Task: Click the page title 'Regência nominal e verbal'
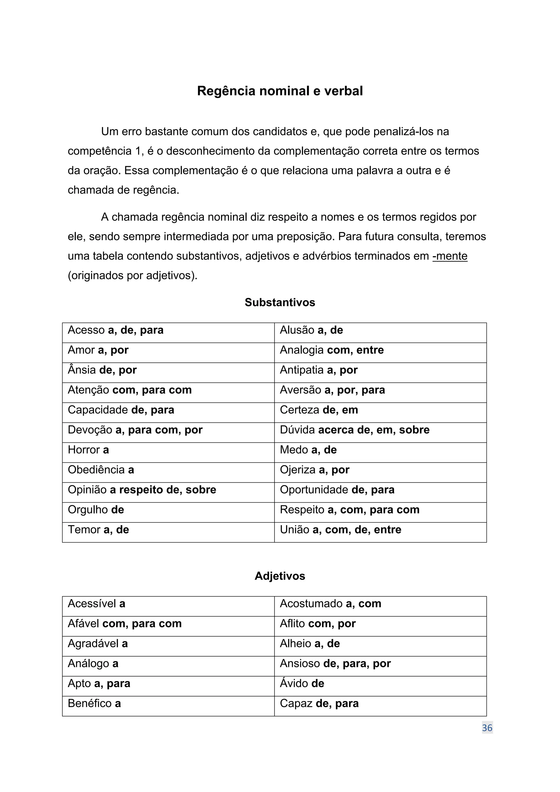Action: point(280,91)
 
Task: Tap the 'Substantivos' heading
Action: point(280,303)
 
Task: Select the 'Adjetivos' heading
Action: point(280,576)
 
